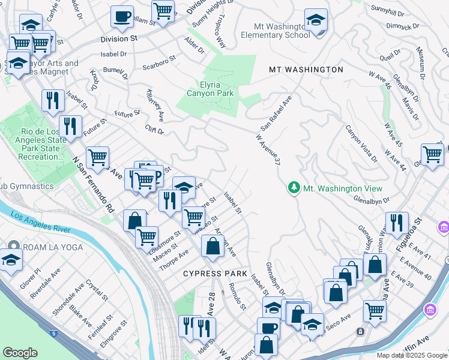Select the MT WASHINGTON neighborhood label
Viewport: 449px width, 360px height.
click(306, 70)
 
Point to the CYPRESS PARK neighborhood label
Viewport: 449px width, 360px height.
click(215, 274)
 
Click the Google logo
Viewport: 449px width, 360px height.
click(20, 353)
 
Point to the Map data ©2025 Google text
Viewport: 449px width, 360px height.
click(412, 355)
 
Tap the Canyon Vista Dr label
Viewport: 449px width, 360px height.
click(361, 144)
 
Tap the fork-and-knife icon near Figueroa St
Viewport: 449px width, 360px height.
click(396, 222)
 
